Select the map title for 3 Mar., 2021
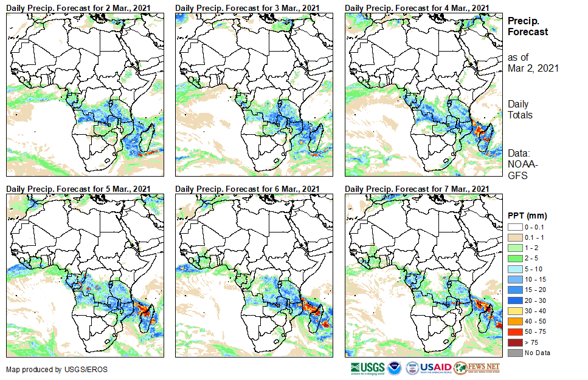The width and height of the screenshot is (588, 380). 247,7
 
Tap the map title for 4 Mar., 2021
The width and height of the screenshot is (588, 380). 417,7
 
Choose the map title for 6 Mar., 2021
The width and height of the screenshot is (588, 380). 247,189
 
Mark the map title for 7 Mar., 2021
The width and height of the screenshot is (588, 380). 417,189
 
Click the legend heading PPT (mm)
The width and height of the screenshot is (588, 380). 527,215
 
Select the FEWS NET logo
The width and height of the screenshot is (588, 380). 477,368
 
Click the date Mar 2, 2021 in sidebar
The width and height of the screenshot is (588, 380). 533,68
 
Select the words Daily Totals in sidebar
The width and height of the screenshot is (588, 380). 520,109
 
